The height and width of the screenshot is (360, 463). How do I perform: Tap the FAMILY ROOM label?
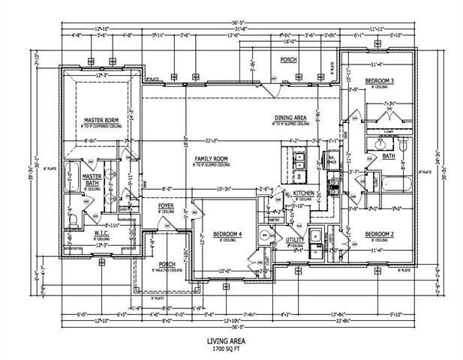tap(211, 159)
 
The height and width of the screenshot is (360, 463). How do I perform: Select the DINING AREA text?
tap(290, 118)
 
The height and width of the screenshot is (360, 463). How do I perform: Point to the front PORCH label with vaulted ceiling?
tap(167, 265)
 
